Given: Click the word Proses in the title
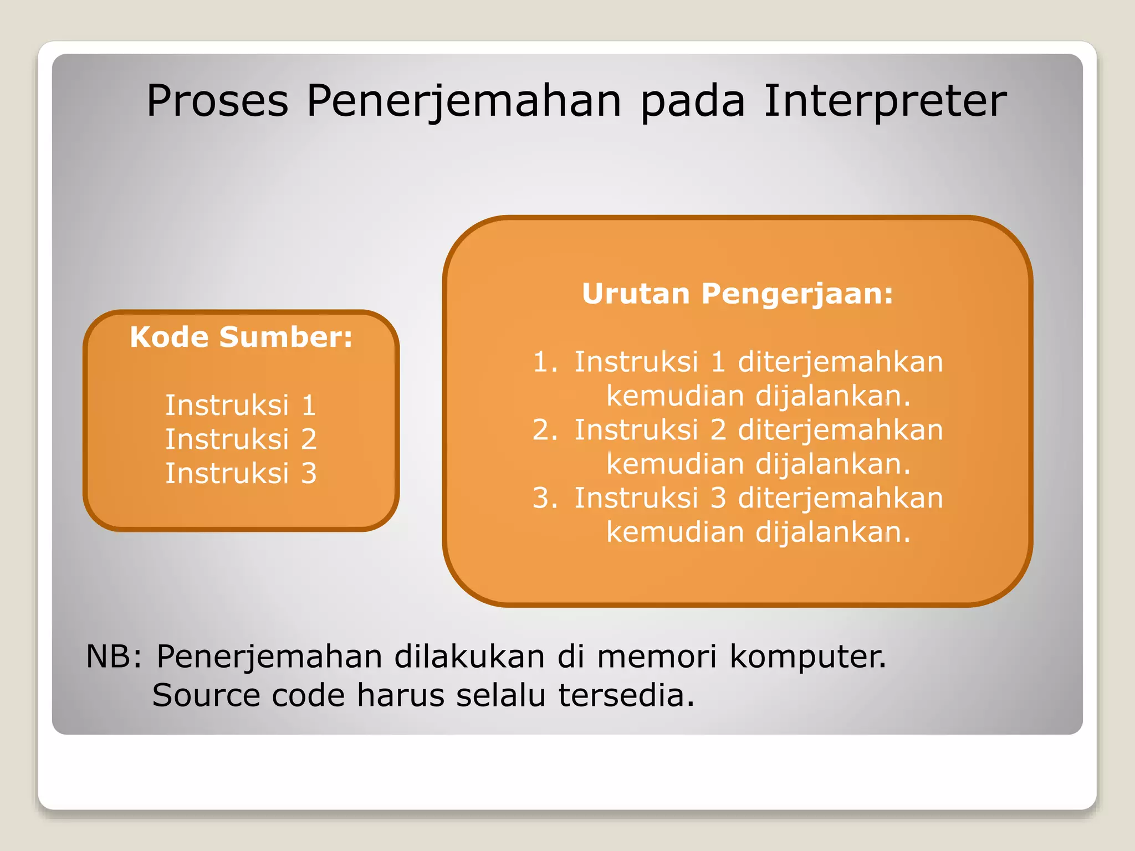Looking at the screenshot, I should point(217,101).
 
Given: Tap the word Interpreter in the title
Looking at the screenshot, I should point(885,101).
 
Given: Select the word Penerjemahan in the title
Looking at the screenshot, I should point(464,102).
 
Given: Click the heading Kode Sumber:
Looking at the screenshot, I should point(241,337).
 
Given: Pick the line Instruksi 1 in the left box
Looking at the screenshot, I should point(241,405).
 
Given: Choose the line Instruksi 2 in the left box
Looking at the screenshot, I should point(241,439).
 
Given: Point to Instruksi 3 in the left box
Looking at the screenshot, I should point(241,474).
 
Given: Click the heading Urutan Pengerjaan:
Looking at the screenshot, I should point(737,294).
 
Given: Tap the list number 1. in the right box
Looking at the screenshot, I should point(544,362).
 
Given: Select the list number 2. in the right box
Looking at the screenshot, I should point(544,430).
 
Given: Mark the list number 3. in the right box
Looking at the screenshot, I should point(544,498).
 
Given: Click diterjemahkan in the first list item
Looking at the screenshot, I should point(840,362).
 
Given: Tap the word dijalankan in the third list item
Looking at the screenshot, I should point(832,532).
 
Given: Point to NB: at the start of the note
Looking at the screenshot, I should point(114,657).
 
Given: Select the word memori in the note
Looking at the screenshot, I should point(657,657).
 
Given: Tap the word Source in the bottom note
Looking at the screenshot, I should point(206,695).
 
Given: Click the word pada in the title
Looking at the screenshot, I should point(692,102).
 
